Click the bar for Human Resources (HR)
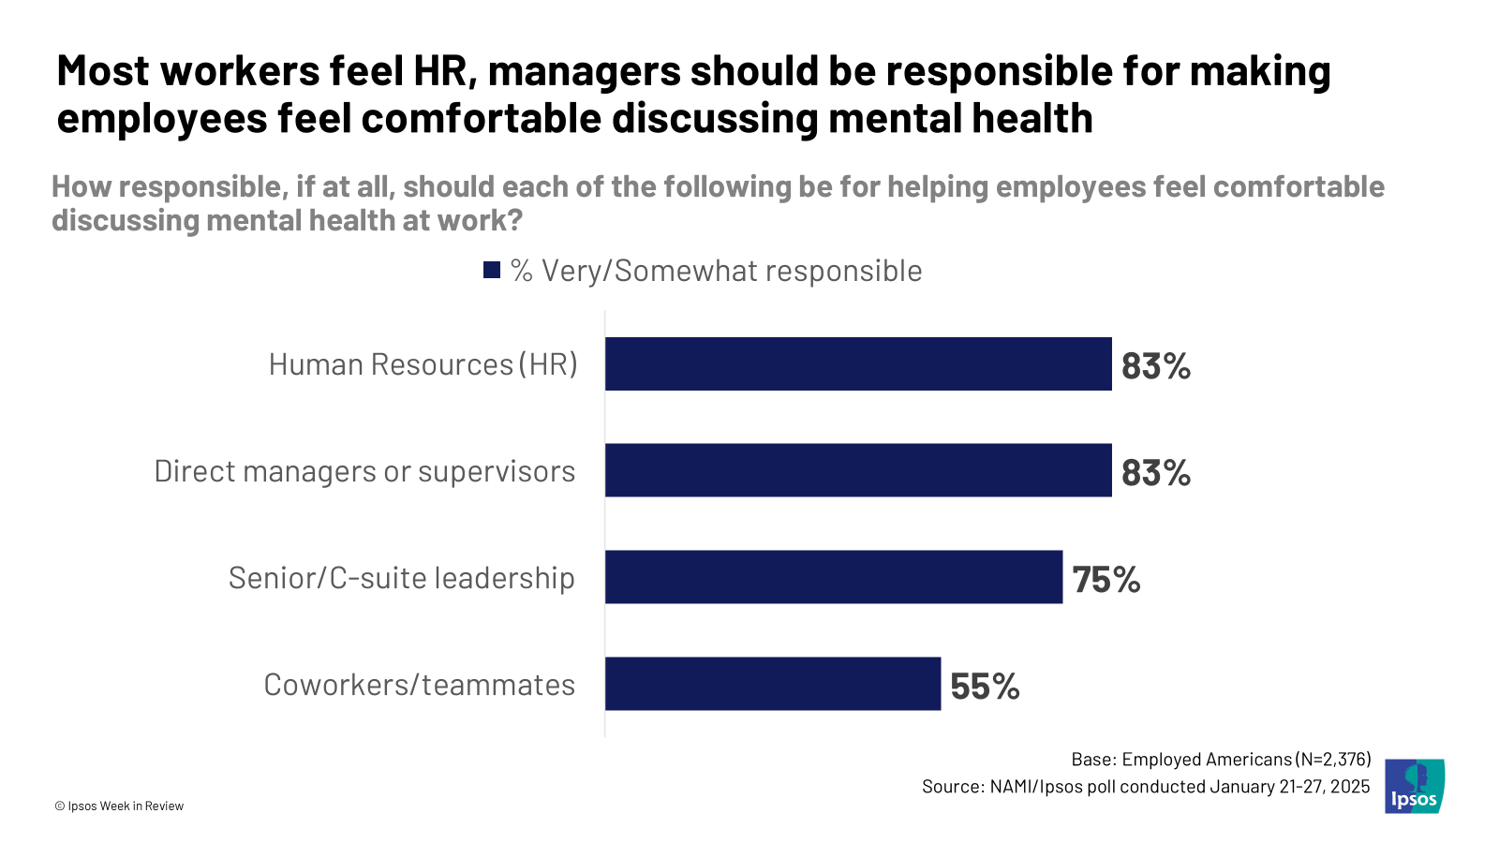(858, 364)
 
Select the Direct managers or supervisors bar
(858, 470)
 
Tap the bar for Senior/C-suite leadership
(834, 577)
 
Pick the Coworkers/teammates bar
(773, 684)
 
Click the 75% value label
(1106, 580)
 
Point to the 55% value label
(985, 687)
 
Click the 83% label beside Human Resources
(1156, 366)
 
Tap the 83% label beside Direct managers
(1156, 473)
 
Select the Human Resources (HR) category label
(423, 364)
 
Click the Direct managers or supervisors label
(364, 471)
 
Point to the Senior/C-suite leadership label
(401, 578)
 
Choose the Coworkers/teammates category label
(419, 685)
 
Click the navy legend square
(492, 271)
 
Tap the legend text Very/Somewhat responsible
(732, 271)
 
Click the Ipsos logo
(1415, 786)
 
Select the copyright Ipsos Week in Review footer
(119, 806)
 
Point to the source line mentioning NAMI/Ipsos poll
(1145, 787)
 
